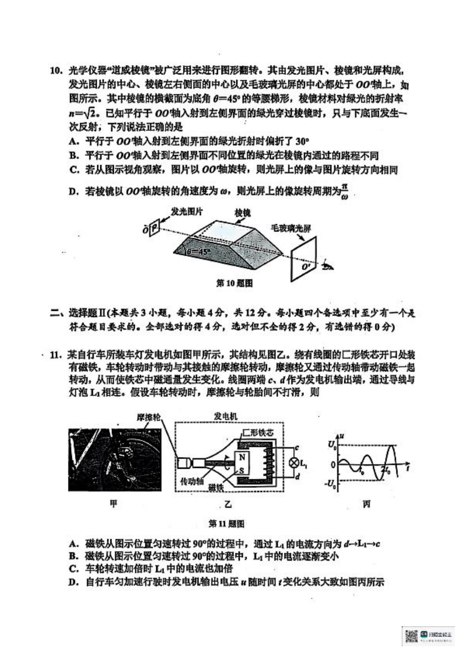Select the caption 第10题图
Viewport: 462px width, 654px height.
coord(234,283)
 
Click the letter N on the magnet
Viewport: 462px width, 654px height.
coord(242,457)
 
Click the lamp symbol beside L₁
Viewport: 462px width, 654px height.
coord(294,463)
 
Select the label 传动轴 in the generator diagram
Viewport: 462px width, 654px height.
coord(192,481)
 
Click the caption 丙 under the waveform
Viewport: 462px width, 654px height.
coord(366,504)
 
